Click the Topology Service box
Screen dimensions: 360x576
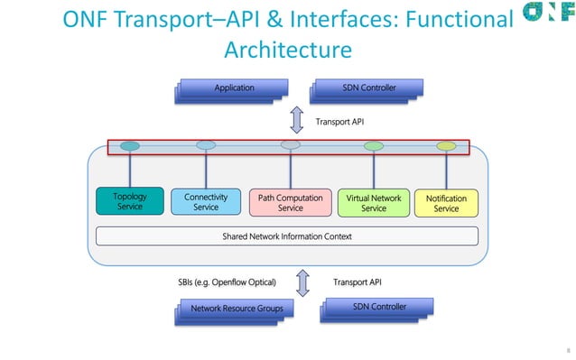tap(130, 201)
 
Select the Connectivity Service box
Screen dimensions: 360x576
tap(206, 201)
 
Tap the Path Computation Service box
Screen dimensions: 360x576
tap(290, 202)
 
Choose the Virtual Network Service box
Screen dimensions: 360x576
tap(373, 202)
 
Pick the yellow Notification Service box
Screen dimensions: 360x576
tap(446, 202)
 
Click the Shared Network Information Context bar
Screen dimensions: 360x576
tap(286, 236)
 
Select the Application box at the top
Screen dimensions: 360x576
tap(232, 88)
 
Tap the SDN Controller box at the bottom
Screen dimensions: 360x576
tap(377, 308)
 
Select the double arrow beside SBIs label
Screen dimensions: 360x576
tap(302, 282)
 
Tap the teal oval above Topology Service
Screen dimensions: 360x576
tap(130, 145)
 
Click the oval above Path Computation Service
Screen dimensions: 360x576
tap(290, 144)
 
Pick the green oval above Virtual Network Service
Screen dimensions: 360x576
tap(373, 145)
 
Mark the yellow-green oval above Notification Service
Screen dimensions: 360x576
tap(446, 145)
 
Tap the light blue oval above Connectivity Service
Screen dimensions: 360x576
tap(206, 144)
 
